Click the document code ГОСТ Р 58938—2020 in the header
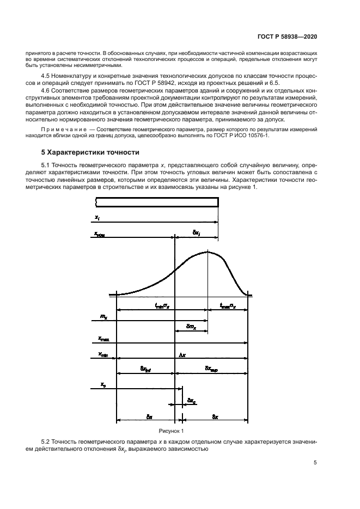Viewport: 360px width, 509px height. [287, 36]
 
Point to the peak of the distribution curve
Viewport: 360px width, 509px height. [207, 252]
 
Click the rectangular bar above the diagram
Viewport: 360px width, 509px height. [157, 202]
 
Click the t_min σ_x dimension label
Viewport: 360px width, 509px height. [163, 306]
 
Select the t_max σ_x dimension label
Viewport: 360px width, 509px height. [228, 306]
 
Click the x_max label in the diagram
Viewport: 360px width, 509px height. [103, 339]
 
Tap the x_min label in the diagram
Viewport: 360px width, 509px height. [103, 354]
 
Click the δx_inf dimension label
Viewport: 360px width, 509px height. [145, 369]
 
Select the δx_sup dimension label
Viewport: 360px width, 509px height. [211, 369]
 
